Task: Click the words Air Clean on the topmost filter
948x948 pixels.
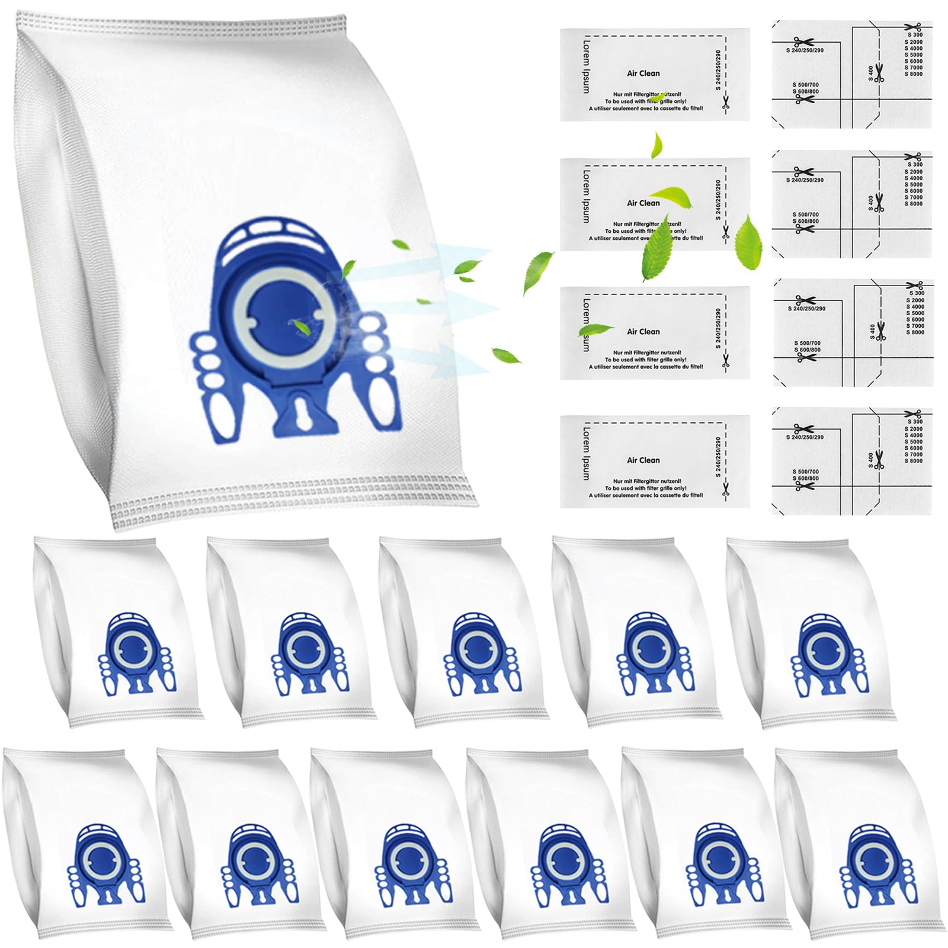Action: [643, 73]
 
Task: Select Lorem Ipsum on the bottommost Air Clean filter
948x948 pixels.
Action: [586, 453]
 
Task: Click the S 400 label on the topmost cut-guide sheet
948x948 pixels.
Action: [870, 74]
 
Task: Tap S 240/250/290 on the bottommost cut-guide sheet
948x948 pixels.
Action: [805, 437]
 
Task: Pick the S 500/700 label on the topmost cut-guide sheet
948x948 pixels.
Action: [806, 85]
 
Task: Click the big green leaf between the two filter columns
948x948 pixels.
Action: [748, 242]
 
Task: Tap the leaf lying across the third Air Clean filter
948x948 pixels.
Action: [595, 329]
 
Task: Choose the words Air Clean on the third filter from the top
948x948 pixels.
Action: [643, 332]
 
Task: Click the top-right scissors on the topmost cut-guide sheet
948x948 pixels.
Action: [913, 27]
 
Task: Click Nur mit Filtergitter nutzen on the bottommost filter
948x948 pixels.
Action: [647, 481]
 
